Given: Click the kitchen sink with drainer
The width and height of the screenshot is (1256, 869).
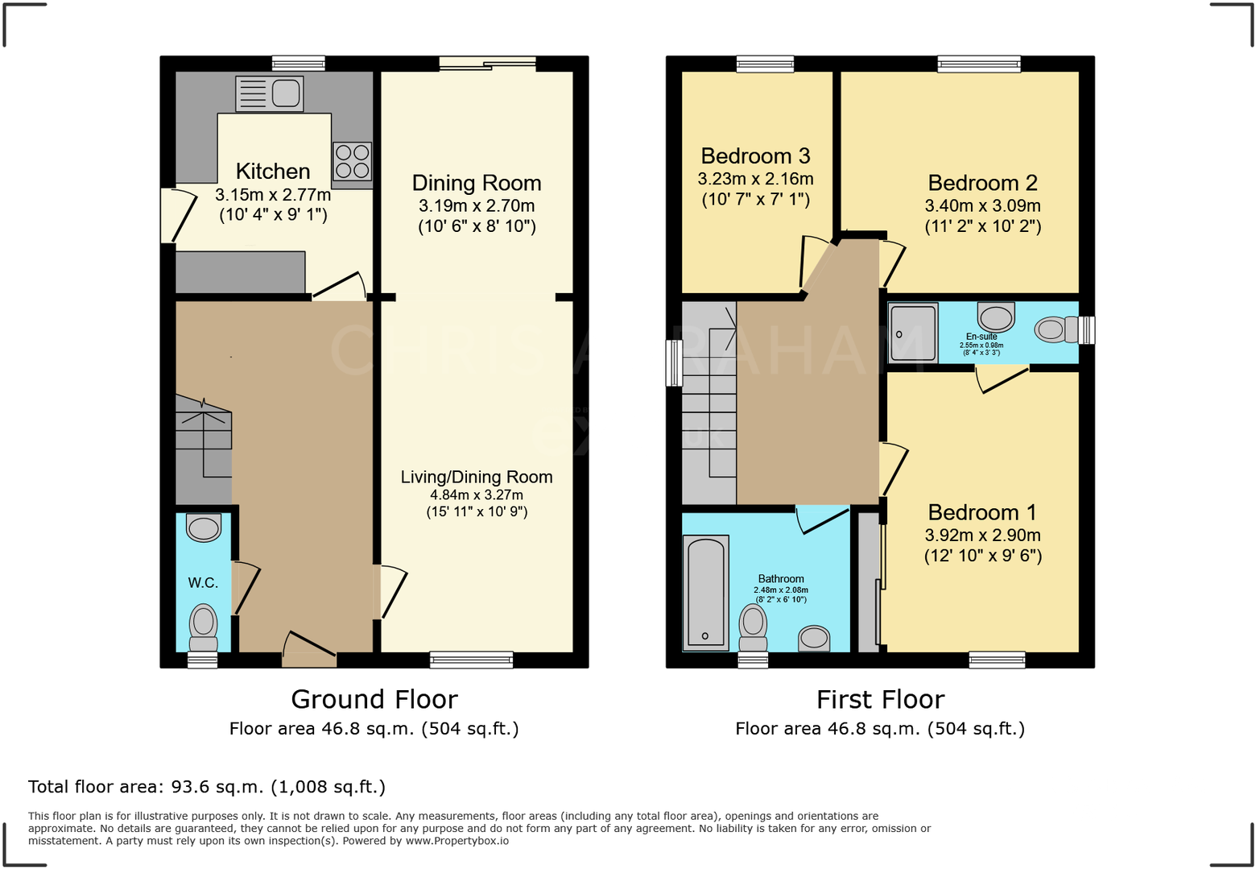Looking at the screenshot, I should (270, 93).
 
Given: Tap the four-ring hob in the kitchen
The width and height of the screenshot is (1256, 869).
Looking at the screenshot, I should (352, 160).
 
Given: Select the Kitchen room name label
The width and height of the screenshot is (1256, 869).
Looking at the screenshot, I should (273, 171).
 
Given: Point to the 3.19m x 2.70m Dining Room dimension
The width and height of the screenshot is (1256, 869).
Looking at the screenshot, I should (477, 206).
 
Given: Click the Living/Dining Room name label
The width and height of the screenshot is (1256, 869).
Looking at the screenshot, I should (477, 477).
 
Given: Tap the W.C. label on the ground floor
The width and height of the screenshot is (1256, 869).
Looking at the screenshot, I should (203, 582).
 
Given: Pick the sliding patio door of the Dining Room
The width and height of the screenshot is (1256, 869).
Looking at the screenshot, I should (487, 64).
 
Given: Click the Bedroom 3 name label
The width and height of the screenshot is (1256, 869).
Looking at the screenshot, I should (755, 155).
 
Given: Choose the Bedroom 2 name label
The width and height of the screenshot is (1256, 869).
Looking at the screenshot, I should (982, 183).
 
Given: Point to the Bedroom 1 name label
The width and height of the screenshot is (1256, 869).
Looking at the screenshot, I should (982, 512).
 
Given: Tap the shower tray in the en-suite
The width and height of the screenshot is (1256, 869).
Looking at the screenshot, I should (913, 333).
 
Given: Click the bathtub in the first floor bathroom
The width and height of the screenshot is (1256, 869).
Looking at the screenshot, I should (705, 593).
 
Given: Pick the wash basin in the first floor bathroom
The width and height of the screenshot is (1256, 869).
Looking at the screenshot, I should (814, 638).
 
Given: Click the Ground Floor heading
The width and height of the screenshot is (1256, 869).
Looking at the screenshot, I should (374, 699).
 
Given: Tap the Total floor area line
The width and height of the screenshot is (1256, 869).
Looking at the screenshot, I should (207, 787).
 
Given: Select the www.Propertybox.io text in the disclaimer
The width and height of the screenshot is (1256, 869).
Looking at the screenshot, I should (457, 841).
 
